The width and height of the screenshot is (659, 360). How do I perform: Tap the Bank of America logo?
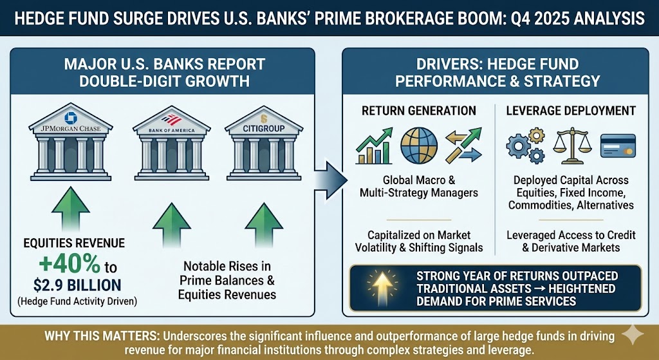click(171, 120)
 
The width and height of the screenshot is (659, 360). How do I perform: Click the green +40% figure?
click(70, 265)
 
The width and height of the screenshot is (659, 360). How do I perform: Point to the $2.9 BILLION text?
click(77, 285)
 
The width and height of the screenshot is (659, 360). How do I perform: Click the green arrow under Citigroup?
click(264, 225)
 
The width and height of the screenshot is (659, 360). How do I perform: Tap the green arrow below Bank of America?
click(171, 225)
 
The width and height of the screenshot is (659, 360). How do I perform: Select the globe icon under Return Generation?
click(419, 146)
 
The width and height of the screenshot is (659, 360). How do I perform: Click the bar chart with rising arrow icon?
click(374, 146)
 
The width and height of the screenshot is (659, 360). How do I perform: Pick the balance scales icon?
click(572, 146)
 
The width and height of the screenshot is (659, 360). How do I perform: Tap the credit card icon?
click(618, 146)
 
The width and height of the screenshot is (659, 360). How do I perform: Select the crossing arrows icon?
click(463, 146)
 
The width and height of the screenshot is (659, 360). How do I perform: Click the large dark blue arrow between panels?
click(331, 181)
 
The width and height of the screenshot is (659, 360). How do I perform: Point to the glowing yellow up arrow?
click(382, 285)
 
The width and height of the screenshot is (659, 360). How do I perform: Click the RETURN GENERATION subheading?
click(418, 111)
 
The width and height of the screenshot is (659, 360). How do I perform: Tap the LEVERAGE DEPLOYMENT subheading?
click(571, 111)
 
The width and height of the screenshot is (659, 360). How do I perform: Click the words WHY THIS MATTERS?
click(102, 337)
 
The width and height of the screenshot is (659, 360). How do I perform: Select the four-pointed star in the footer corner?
click(633, 334)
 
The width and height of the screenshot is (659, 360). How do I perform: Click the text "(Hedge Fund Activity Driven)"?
click(77, 301)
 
